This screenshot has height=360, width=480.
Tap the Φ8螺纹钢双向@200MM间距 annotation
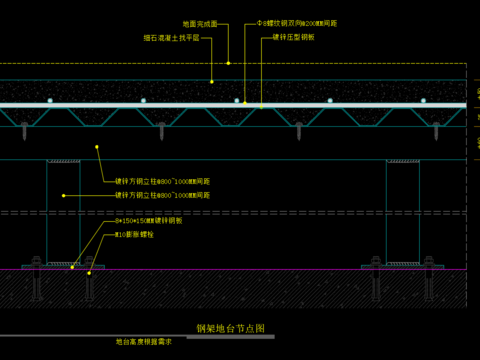(296, 22)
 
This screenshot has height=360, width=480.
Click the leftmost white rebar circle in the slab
(50, 101)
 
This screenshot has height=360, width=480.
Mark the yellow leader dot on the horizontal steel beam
(97, 148)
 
